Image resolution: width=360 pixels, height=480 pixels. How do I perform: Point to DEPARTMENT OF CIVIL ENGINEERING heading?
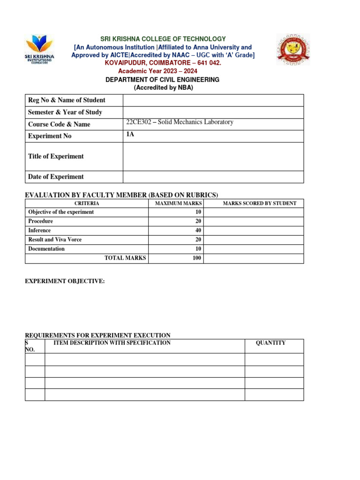point(163,80)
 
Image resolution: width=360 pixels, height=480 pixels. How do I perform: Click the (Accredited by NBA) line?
point(163,88)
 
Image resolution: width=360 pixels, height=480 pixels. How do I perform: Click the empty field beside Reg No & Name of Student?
point(213,100)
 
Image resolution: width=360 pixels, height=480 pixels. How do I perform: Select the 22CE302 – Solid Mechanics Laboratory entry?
point(180,122)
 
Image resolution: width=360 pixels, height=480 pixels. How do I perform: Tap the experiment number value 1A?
point(130,135)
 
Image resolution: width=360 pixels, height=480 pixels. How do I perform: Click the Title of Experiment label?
point(56,157)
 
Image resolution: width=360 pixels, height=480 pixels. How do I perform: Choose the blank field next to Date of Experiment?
point(213,177)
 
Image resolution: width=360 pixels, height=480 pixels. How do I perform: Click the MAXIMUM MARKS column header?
point(175,203)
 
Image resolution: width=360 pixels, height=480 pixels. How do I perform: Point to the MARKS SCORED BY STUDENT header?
point(259,203)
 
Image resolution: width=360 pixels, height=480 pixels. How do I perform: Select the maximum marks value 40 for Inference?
point(197,231)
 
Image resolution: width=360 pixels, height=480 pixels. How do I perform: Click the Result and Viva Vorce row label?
point(55,240)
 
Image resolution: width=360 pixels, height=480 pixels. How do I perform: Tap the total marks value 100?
point(196,258)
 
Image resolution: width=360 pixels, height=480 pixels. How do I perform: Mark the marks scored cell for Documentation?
point(254,249)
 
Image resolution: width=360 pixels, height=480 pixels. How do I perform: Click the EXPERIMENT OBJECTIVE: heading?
point(65,281)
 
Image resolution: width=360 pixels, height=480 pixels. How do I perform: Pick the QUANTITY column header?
point(270,343)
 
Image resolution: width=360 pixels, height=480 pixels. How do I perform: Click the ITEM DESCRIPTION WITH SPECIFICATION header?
point(112,343)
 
